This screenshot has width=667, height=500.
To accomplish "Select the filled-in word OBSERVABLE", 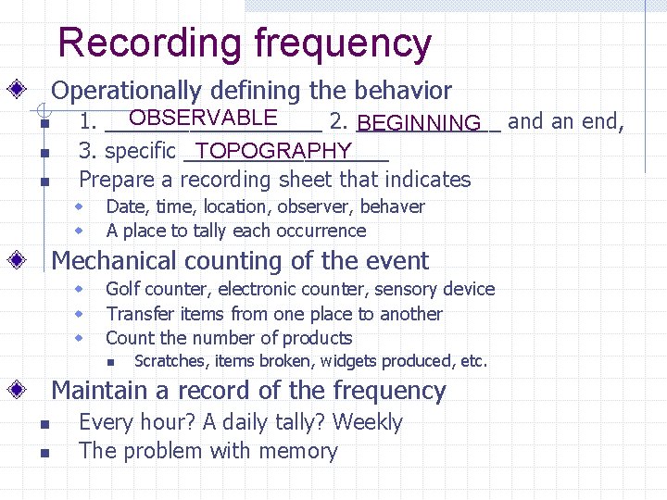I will [x=203, y=118].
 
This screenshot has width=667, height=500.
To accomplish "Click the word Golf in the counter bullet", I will [x=123, y=290].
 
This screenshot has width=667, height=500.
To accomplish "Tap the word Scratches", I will [x=170, y=361].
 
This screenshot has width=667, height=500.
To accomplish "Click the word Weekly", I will [x=368, y=422].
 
